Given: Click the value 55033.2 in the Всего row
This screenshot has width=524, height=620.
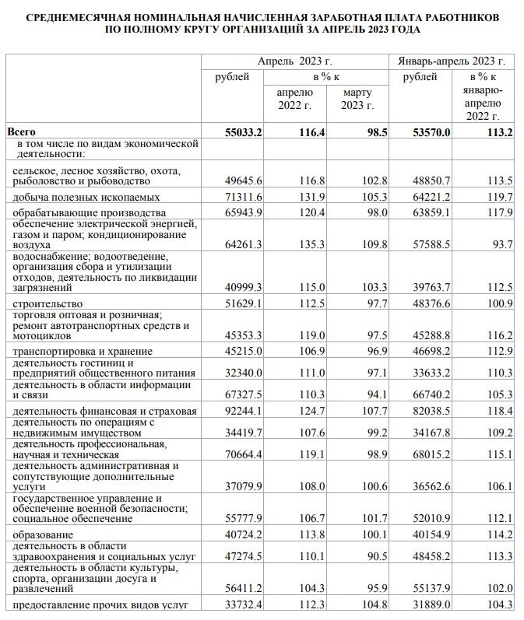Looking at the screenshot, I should (230, 132).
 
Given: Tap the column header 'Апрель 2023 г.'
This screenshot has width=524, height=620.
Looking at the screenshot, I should (295, 61).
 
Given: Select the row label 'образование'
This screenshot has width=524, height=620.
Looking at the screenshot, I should (44, 535).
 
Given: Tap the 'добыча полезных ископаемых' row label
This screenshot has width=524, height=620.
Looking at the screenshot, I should (87, 198).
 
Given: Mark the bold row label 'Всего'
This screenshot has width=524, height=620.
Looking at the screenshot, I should (22, 132).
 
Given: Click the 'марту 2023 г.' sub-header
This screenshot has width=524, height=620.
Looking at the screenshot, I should (357, 98).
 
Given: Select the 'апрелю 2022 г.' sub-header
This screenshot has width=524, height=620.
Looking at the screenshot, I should (295, 98).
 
